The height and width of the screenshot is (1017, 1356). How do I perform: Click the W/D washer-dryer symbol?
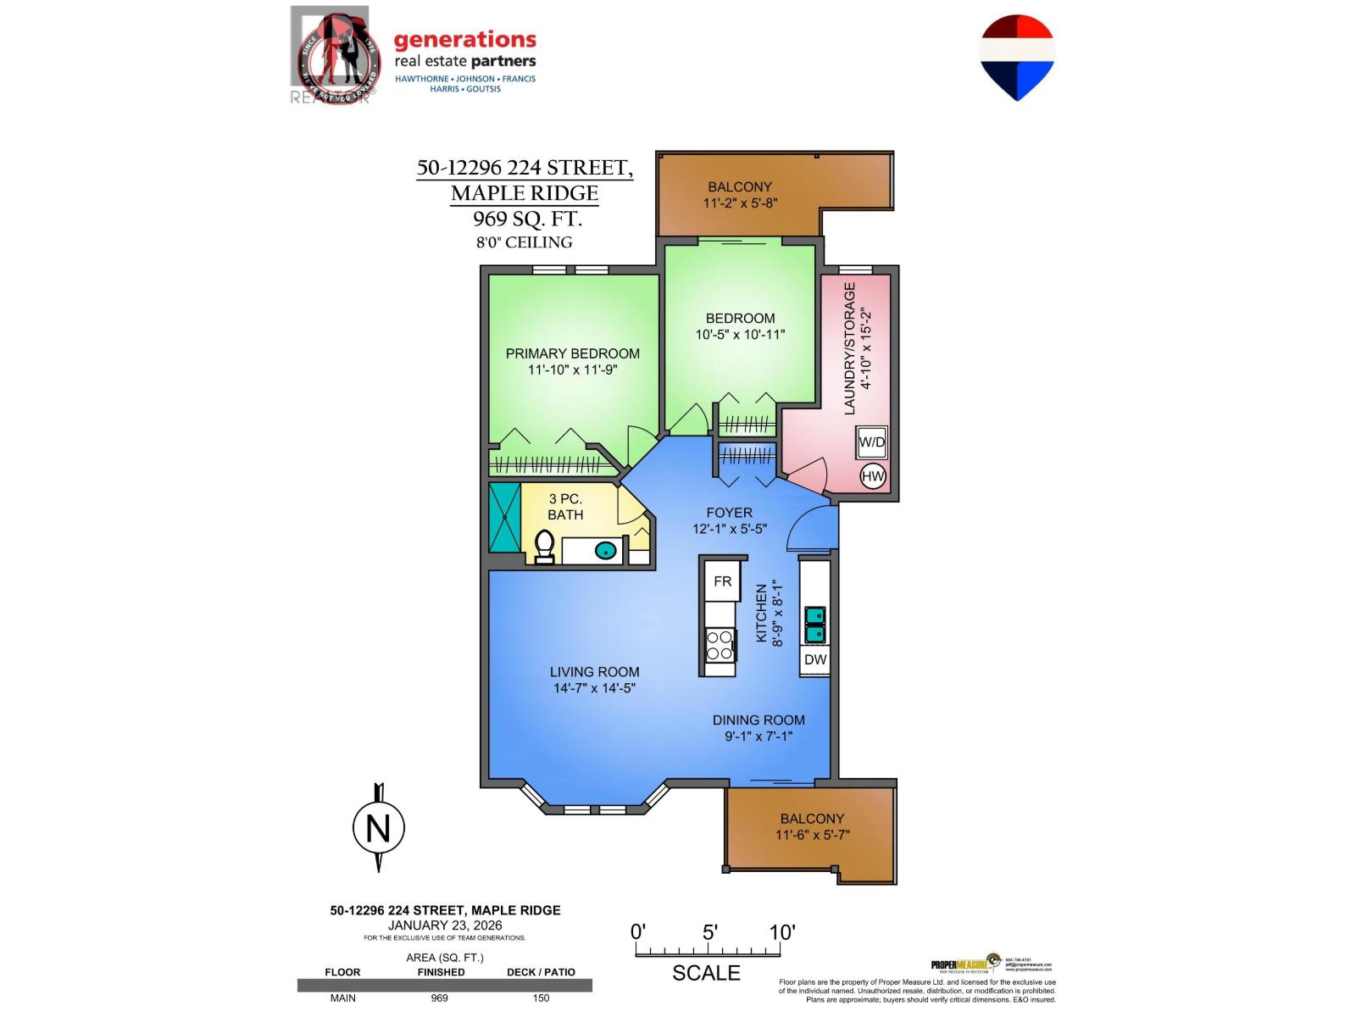[x=871, y=442]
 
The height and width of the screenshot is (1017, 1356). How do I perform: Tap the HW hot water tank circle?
[x=873, y=476]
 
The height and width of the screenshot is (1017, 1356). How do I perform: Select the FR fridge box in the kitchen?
[x=722, y=581]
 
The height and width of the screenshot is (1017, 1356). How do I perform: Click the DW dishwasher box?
[x=815, y=659]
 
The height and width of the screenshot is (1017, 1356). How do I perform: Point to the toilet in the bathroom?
[x=544, y=545]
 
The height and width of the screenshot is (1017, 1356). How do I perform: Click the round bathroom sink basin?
[x=605, y=550]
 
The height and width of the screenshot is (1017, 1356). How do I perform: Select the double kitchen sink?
[x=815, y=625]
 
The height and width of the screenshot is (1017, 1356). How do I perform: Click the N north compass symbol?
[x=378, y=828]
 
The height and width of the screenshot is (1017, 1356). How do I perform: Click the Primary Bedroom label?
[x=572, y=353]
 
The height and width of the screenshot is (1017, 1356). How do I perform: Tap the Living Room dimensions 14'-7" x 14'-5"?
[x=594, y=688]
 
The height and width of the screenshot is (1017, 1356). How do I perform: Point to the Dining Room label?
[x=759, y=720]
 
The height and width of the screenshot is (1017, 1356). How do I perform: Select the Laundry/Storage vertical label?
[x=850, y=348]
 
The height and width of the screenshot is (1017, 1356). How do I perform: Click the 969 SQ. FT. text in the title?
[x=527, y=219]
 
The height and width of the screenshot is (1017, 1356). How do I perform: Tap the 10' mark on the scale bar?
[x=781, y=933]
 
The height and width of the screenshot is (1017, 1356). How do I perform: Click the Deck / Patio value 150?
[x=541, y=998]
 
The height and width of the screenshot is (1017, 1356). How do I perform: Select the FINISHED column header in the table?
[x=441, y=972]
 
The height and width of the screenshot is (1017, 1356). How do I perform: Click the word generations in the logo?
[x=464, y=39]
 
